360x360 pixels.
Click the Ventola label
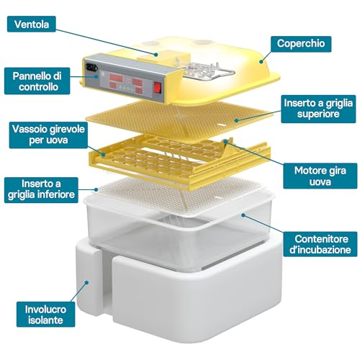[x=32, y=24]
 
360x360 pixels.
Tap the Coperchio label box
[x=301, y=44]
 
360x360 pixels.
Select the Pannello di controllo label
[x=37, y=81]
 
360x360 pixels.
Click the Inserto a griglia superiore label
[x=318, y=109]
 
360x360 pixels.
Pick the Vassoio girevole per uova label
[x=48, y=135]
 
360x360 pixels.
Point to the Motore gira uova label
[x=320, y=176]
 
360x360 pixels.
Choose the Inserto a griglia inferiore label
[x=41, y=190]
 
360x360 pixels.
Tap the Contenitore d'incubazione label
[x=320, y=244]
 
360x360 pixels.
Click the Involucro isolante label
[x=45, y=315]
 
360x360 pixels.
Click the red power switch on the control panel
[x=157, y=87]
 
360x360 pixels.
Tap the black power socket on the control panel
[x=91, y=67]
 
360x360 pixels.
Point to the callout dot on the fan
[x=156, y=55]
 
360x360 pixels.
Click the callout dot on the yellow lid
[x=261, y=62]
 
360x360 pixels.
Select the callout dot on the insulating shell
[x=87, y=282]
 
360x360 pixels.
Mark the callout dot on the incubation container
[x=243, y=215]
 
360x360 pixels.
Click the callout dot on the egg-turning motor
[x=225, y=142]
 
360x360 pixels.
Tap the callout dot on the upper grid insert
[x=236, y=120]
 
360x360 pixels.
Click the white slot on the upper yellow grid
[x=222, y=125]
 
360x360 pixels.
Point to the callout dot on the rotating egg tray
[x=104, y=154]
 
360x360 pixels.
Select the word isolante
[x=45, y=320]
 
